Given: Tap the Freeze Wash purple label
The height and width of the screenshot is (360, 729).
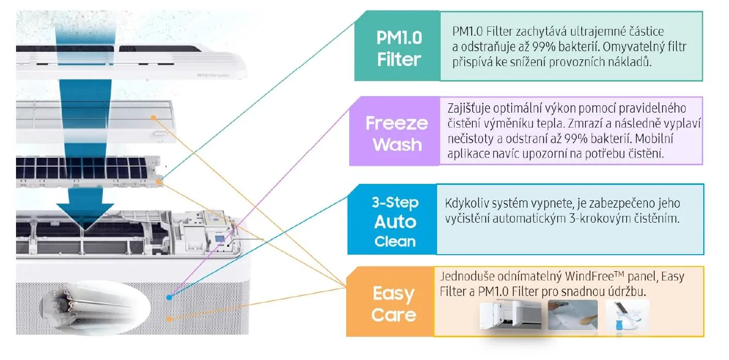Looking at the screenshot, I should point(396,134).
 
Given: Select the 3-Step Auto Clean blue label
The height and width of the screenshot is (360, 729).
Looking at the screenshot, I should point(395,221).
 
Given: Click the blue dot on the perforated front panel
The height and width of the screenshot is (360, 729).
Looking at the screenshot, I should point(169,298).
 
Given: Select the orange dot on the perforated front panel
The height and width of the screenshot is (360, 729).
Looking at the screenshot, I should point(168,320).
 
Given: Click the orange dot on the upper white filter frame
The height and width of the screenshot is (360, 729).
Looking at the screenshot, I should point(153,118).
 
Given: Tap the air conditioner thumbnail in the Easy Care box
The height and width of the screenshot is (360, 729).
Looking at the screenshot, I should point(510,315).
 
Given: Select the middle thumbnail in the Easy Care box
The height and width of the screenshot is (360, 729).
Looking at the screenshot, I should point(572,315).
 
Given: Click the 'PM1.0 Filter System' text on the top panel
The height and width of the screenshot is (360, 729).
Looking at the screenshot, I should point(213,75).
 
